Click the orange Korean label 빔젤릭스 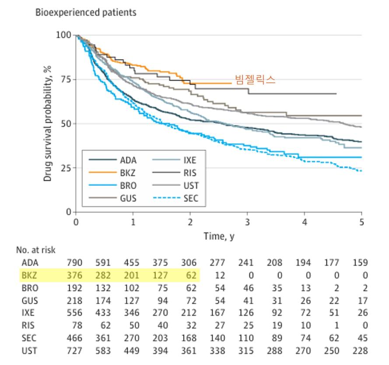tap(255, 79)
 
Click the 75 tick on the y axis tap(64, 79)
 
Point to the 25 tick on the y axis tap(64, 168)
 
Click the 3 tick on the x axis tap(247, 222)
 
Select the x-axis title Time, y tap(219, 236)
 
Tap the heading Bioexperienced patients tap(86, 12)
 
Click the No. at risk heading tap(36, 250)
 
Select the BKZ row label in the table tap(30, 276)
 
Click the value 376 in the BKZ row tap(74, 276)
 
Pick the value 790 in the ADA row tap(74, 263)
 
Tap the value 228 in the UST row tap(360, 351)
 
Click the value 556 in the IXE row tap(74, 313)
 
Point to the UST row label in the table tap(30, 351)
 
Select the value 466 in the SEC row tap(74, 338)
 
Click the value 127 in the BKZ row tap(161, 276)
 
